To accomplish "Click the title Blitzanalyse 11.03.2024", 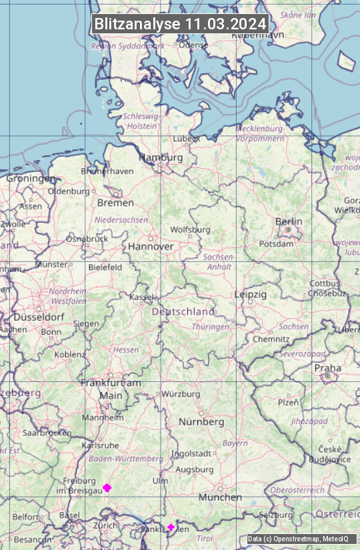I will point(180,24).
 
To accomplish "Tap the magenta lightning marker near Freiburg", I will point(107,488).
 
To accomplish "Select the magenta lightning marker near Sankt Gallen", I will point(171,527).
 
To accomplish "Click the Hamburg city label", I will point(160,158).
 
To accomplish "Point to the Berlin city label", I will point(289,221).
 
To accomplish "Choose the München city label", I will point(220,497).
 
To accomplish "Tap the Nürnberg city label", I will point(201,422).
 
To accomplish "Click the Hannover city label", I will point(151,247).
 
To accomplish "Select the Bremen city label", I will point(115,203).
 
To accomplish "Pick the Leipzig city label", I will point(251,294).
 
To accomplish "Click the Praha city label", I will point(327,368).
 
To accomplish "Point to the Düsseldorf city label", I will point(39,317).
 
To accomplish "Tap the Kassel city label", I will point(141,297).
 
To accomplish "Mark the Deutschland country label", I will point(183,311).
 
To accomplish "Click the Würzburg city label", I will point(181,394).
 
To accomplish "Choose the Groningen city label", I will point(31,179).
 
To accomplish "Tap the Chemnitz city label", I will point(271,339).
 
